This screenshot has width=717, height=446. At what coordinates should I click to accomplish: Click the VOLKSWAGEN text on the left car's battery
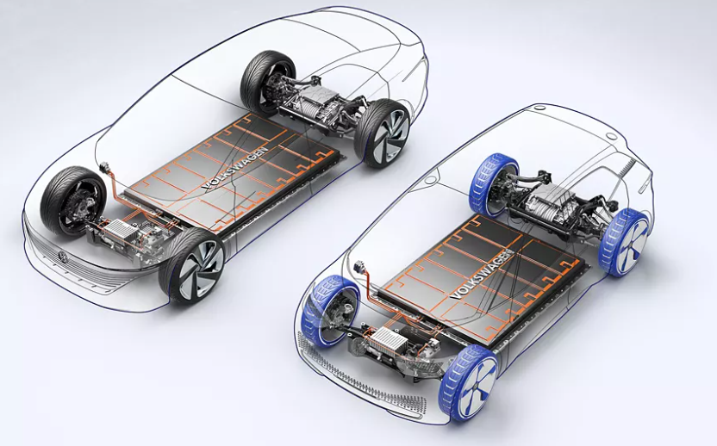point(234,169)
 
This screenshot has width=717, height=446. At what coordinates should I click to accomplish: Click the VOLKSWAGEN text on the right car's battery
point(481,276)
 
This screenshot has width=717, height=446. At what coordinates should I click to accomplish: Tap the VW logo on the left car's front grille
point(63,257)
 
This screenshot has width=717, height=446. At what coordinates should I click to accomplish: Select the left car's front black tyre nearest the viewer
point(191,266)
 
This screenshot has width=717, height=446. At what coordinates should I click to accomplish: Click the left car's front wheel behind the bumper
point(73,201)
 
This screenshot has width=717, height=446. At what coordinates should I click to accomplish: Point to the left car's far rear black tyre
point(267,83)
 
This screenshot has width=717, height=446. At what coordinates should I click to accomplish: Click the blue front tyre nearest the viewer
point(468,383)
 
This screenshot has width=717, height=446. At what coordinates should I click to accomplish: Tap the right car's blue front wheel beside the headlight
point(331,310)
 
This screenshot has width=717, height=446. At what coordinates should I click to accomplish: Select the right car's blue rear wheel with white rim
point(624,243)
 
